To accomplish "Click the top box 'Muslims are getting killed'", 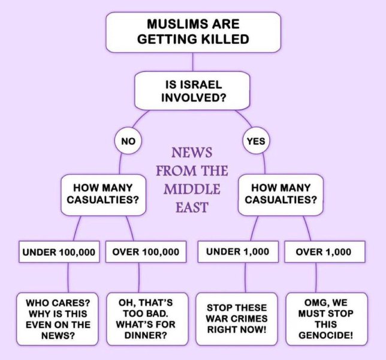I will [193, 32].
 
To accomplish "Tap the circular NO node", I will [128, 142].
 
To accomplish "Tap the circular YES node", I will [257, 142].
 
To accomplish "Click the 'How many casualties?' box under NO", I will [103, 194].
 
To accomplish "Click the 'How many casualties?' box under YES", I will [281, 194].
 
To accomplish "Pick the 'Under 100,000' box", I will [59, 252].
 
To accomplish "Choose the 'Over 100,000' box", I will [146, 252].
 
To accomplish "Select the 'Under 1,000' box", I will [237, 252].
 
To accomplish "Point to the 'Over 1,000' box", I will [324, 252].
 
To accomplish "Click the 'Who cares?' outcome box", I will [58, 319].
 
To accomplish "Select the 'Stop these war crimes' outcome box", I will [237, 319].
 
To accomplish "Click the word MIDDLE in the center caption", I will [192, 189].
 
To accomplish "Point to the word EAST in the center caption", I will [192, 208].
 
